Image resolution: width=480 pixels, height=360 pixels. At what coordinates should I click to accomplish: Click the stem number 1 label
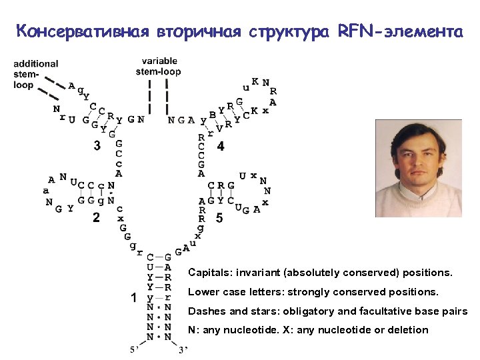[134, 298]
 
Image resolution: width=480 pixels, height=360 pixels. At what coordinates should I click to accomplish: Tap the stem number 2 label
[96, 218]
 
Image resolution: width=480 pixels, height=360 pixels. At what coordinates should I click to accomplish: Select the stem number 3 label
[97, 145]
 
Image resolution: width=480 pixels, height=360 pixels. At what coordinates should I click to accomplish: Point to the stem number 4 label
[221, 146]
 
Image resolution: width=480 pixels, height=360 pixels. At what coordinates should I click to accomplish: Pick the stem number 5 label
[219, 218]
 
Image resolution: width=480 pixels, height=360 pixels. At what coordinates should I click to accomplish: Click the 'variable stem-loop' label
[159, 67]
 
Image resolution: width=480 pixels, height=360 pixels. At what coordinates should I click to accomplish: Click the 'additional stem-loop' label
[35, 74]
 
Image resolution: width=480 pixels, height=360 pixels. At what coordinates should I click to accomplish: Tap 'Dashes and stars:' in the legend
[230, 311]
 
